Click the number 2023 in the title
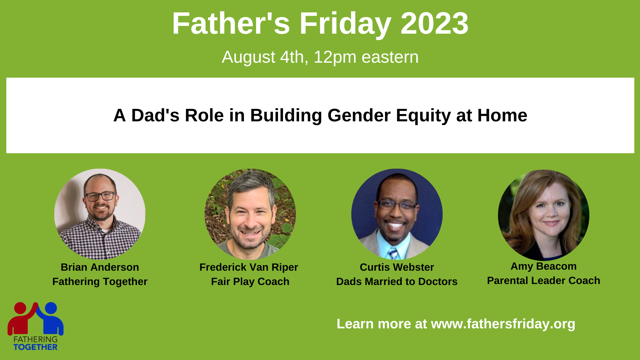pyautogui.click(x=434, y=23)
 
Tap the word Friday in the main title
pyautogui.click(x=345, y=24)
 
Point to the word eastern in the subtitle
pyautogui.click(x=390, y=57)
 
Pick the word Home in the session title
pyautogui.click(x=502, y=115)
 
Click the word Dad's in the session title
pyautogui.click(x=155, y=115)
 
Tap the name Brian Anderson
pyautogui.click(x=100, y=267)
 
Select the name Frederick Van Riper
pyautogui.click(x=249, y=267)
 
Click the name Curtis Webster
pyautogui.click(x=397, y=267)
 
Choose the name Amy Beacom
pyautogui.click(x=543, y=266)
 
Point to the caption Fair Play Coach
pyautogui.click(x=250, y=282)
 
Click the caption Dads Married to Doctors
pyautogui.click(x=397, y=282)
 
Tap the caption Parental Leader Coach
pyautogui.click(x=543, y=281)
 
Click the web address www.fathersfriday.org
pyautogui.click(x=503, y=324)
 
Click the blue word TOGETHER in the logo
pyautogui.click(x=35, y=347)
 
